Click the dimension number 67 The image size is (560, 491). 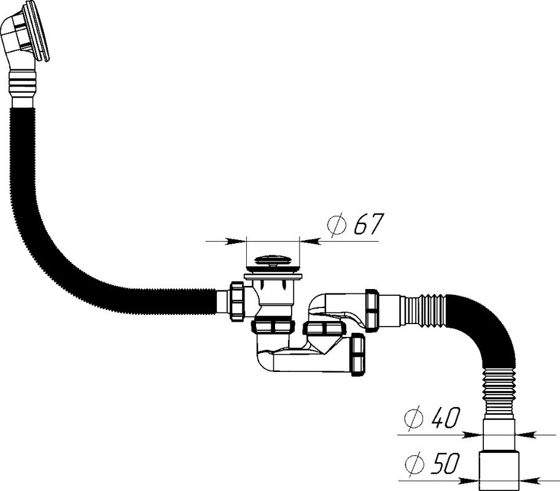tap(368, 224)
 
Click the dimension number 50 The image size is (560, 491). tap(444, 464)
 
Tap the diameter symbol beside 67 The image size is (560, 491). tap(336, 225)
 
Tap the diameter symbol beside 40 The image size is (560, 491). tap(414, 418)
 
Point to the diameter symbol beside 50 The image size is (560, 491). tap(414, 464)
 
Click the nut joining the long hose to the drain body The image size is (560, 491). tap(237, 301)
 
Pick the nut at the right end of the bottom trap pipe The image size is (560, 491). tap(358, 355)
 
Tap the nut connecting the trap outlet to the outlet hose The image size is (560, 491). tap(371, 311)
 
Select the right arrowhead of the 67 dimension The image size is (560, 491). tap(310, 241)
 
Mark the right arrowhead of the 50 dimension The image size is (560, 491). tap(529, 481)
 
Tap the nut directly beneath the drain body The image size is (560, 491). tap(274, 326)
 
